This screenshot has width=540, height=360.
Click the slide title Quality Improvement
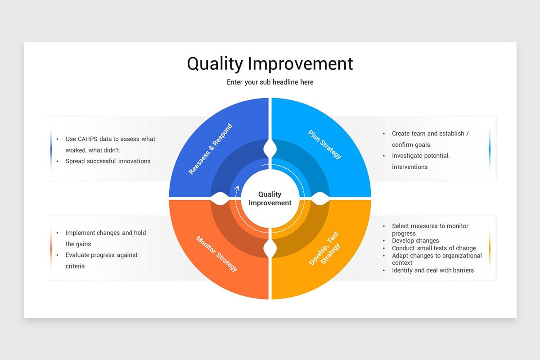pos(270,63)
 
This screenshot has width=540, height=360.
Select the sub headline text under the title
pos(270,82)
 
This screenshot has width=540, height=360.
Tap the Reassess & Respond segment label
pos(211,149)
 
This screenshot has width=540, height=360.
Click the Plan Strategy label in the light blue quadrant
pos(325,144)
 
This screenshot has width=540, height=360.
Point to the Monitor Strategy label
pos(216,253)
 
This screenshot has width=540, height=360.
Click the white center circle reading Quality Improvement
pos(270,198)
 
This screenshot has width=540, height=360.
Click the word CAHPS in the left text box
pos(88,139)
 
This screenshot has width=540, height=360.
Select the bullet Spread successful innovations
pos(108,161)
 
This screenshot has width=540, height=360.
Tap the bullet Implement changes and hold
pos(106,233)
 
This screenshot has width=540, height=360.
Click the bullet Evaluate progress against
pos(102,255)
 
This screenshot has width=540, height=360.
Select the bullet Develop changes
pos(415,241)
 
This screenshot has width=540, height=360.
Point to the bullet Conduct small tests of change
pos(434,248)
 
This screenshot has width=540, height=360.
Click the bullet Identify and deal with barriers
pos(432,270)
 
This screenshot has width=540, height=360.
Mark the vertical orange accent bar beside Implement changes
pos(51,248)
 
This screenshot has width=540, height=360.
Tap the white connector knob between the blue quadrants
pos(270,148)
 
